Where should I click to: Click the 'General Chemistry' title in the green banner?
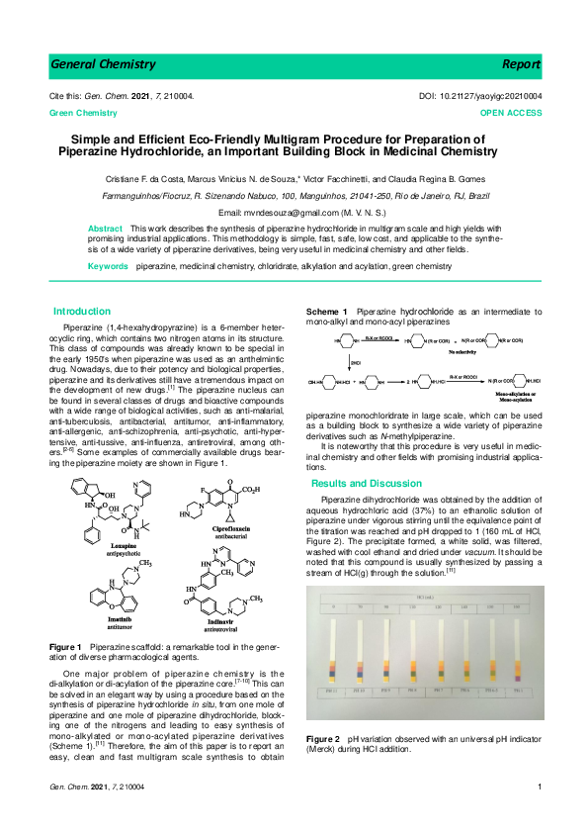(103, 64)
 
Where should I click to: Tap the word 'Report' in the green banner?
(521, 64)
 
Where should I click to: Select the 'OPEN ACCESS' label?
(510, 114)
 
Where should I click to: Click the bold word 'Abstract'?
(106, 229)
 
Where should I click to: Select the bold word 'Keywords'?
(109, 267)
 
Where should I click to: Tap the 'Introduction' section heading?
(82, 311)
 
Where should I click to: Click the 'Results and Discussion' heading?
(367, 484)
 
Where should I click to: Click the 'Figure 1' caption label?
(64, 645)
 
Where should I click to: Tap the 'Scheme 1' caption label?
(325, 311)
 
